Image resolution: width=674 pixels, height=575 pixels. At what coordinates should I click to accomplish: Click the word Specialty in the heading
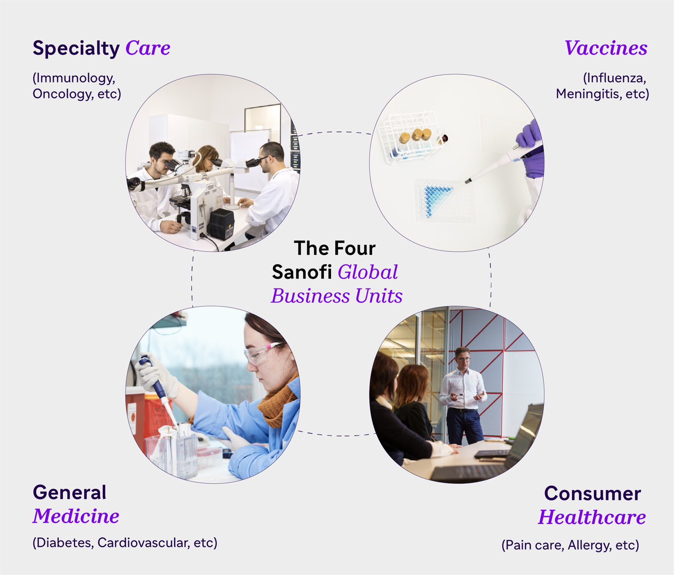[x=76, y=49]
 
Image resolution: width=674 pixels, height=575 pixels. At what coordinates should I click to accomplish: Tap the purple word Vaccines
[x=606, y=48]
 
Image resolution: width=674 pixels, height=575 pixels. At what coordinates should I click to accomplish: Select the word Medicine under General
[x=76, y=516]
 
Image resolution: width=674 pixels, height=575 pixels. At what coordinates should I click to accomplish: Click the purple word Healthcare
[x=592, y=517]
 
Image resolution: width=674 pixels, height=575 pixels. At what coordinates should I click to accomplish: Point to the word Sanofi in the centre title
[x=302, y=272]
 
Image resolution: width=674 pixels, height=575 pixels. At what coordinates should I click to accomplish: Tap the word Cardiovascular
[x=143, y=543]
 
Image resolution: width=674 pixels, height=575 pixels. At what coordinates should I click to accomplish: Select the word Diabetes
[x=65, y=543]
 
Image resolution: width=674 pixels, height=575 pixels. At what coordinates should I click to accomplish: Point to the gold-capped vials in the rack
[x=416, y=135]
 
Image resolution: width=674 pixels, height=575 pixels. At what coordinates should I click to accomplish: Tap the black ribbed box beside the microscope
[x=221, y=224]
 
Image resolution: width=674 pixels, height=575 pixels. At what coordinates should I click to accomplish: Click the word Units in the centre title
[x=379, y=296]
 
